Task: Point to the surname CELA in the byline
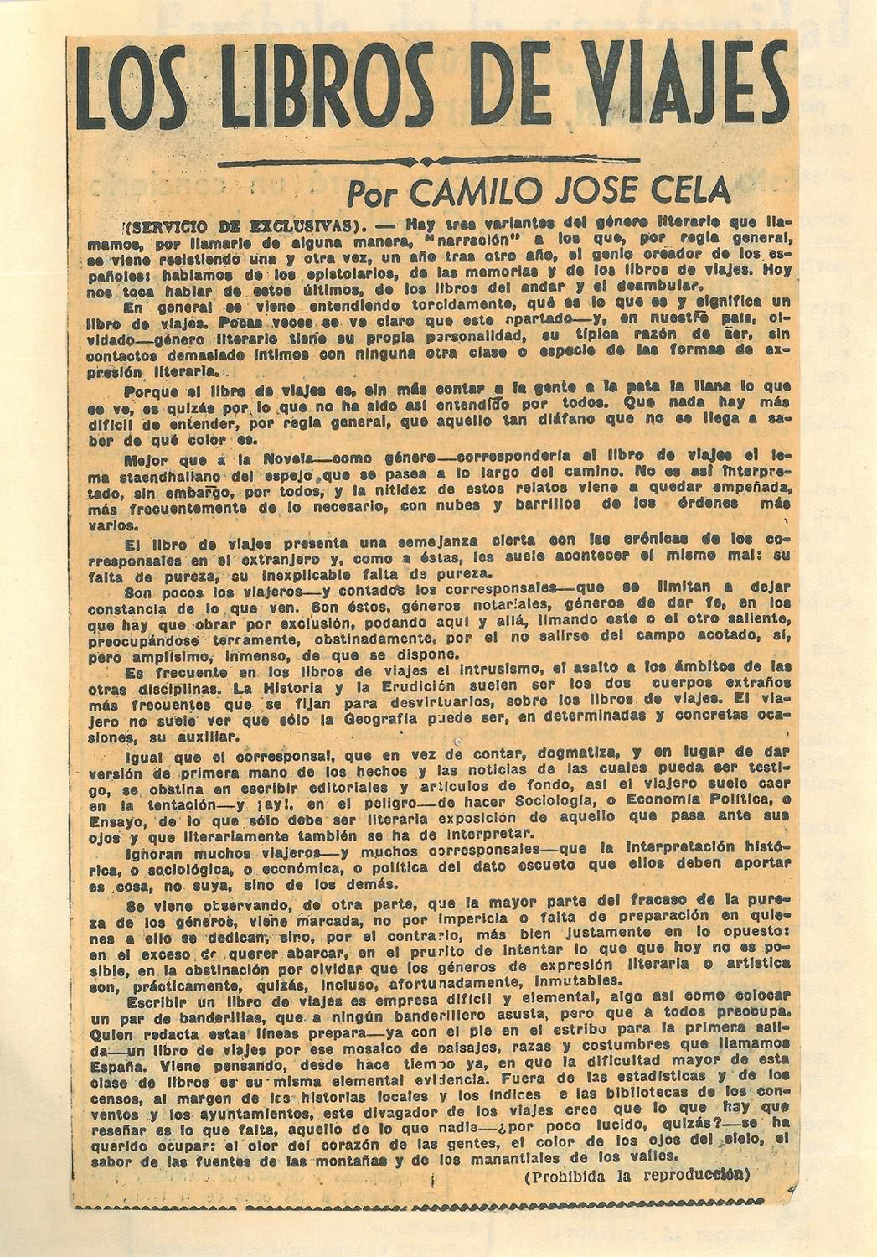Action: (x=689, y=192)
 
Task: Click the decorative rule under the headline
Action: (x=429, y=160)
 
